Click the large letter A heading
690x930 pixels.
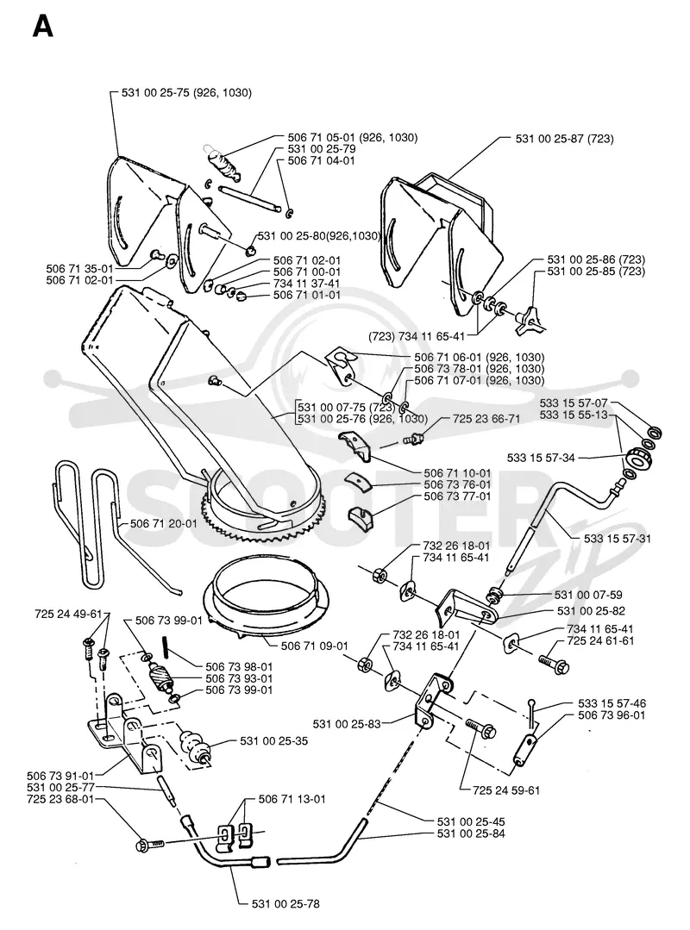tap(43, 26)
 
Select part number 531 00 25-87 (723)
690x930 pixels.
tap(564, 139)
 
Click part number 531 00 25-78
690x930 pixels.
tap(285, 904)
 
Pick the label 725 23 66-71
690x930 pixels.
tap(486, 419)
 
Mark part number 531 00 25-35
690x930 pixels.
tap(274, 740)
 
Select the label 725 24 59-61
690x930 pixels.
tap(506, 790)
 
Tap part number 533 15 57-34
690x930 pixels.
tap(541, 458)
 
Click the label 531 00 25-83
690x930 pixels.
tap(347, 724)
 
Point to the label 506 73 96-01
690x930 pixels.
tap(612, 715)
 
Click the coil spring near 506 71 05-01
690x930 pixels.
tap(223, 163)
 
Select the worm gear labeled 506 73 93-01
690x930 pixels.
tap(159, 676)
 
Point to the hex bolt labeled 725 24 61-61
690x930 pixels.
tap(554, 659)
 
